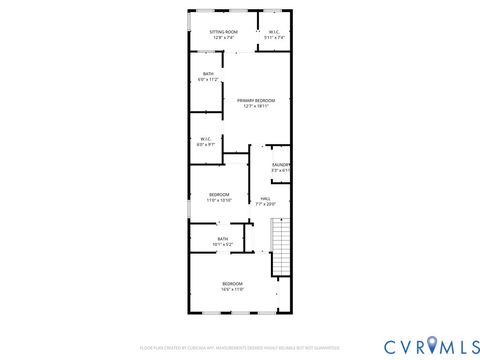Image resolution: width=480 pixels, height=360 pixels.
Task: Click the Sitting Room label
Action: point(223,31)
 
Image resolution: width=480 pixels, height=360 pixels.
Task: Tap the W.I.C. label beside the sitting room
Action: point(274,31)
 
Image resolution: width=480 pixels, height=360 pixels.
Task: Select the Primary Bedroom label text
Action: point(256,100)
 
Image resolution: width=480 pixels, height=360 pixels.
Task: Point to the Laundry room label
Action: point(281,165)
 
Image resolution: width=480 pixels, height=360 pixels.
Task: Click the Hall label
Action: point(265,198)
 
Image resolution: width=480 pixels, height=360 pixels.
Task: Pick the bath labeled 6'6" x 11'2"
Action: point(208,75)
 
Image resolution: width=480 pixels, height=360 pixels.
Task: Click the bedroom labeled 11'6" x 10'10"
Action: point(219,194)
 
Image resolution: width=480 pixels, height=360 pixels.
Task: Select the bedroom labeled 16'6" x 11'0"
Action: point(232,283)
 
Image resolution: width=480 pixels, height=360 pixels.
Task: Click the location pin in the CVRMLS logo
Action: point(432,345)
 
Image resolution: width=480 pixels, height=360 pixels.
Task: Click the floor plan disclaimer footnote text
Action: point(239,348)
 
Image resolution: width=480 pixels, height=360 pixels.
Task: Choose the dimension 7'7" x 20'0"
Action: point(265,204)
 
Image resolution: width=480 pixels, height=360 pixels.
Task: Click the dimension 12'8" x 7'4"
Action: point(223,37)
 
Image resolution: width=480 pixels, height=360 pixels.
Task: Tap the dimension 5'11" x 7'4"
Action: point(274,37)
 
